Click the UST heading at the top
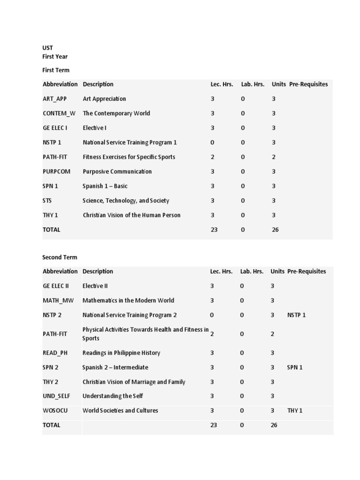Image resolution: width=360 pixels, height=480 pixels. pyautogui.click(x=47, y=47)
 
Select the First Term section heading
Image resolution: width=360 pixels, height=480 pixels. pyautogui.click(x=56, y=70)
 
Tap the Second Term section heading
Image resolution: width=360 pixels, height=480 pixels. pyautogui.click(x=60, y=257)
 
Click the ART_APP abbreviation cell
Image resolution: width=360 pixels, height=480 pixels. pyautogui.click(x=54, y=99)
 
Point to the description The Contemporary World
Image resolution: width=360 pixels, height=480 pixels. pyautogui.click(x=116, y=113)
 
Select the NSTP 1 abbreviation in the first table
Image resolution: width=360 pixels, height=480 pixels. pyautogui.click(x=52, y=142)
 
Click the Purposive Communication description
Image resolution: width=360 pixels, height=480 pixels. pyautogui.click(x=117, y=172)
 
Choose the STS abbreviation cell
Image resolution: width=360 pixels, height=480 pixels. pyautogui.click(x=47, y=201)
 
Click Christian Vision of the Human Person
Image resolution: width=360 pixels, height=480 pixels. pyautogui.click(x=131, y=215)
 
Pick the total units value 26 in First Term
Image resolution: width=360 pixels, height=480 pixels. pyautogui.click(x=275, y=230)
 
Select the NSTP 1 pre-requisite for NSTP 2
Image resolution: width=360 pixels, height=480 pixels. pyautogui.click(x=296, y=315)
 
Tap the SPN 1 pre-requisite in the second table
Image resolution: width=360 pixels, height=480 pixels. pyautogui.click(x=295, y=367)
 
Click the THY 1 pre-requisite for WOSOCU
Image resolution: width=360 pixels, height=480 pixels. pyautogui.click(x=295, y=411)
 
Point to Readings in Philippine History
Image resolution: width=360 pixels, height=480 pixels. pyautogui.click(x=121, y=353)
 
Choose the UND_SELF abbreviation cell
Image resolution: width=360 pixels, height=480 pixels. pyautogui.click(x=56, y=396)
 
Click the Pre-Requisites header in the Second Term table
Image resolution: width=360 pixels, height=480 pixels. pyautogui.click(x=307, y=271)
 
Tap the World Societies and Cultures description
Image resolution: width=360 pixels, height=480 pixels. pyautogui.click(x=120, y=411)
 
